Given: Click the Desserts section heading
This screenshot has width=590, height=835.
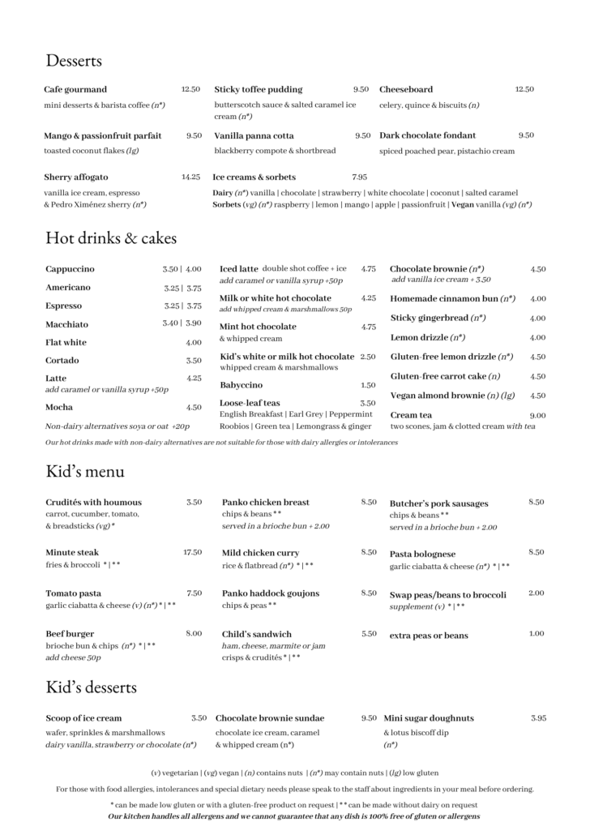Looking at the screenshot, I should click(x=74, y=60).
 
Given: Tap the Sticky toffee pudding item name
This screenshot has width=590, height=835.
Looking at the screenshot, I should click(x=258, y=89).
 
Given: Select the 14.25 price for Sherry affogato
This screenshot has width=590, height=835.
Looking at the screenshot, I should click(x=190, y=176).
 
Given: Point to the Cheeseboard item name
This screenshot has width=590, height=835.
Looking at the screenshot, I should click(x=406, y=89).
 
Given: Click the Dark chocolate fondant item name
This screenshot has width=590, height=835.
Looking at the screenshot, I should click(x=427, y=135).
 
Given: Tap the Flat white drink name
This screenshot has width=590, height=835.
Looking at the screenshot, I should click(x=66, y=342).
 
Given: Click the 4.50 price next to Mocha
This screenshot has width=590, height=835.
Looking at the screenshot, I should click(x=194, y=407).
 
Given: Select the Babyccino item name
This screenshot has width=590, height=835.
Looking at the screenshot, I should click(x=241, y=385).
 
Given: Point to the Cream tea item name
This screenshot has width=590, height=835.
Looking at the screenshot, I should click(x=411, y=415).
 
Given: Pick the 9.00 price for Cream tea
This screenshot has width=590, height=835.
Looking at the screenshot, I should click(x=537, y=415).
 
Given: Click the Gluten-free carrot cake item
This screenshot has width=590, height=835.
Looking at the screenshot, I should click(x=445, y=376).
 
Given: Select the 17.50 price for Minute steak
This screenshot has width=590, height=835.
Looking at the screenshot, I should click(x=192, y=552).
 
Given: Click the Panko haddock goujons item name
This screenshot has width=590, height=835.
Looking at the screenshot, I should click(x=271, y=593).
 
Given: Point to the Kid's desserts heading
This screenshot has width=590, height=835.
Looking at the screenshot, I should click(x=91, y=687).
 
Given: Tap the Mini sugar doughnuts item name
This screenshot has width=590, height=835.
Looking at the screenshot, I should click(x=429, y=718).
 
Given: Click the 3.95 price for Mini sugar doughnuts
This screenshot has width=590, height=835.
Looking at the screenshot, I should click(x=538, y=718).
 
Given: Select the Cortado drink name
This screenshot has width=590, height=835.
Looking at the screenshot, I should click(x=62, y=360).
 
